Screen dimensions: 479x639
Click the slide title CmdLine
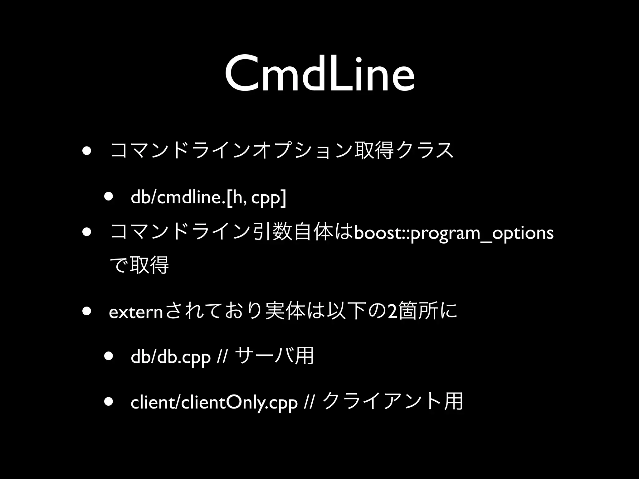tap(319, 75)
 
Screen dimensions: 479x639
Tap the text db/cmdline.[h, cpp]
tap(208, 198)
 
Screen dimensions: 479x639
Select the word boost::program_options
tap(454, 233)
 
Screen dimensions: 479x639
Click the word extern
tap(136, 313)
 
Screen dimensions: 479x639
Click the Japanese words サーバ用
tap(275, 356)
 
